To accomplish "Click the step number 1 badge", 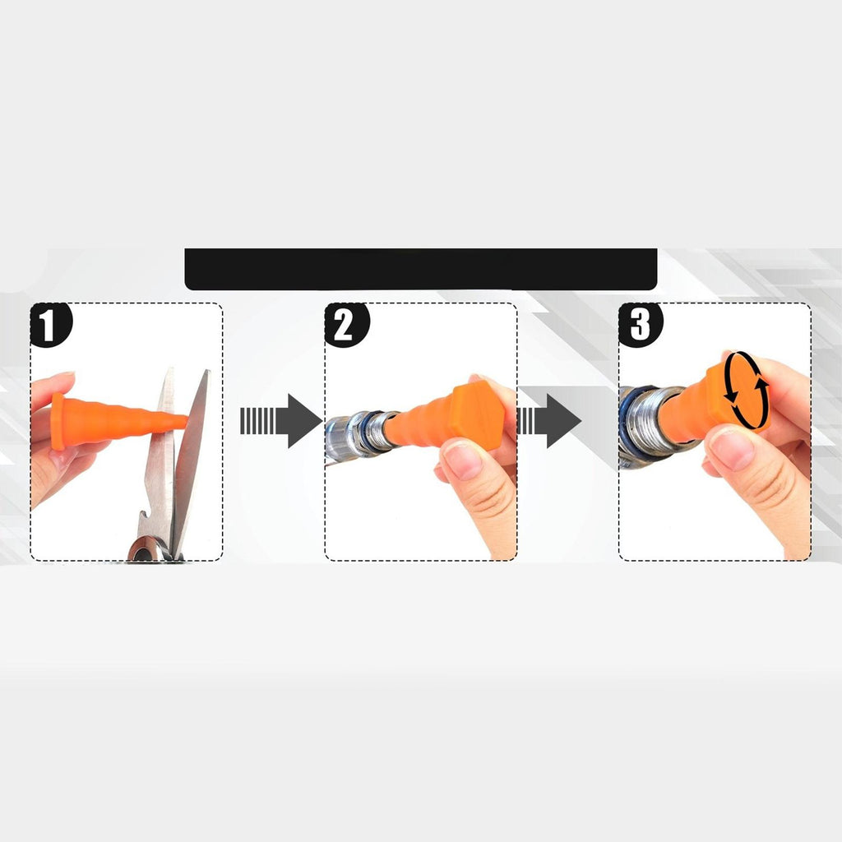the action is pos(50,325).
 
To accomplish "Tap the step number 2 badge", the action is pos(346,325).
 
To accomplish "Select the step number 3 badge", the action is pos(641,325).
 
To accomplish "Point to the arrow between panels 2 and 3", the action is pos(548,421).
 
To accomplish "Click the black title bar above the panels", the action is pos(421,269).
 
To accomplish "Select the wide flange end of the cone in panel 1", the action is pos(58,421).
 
